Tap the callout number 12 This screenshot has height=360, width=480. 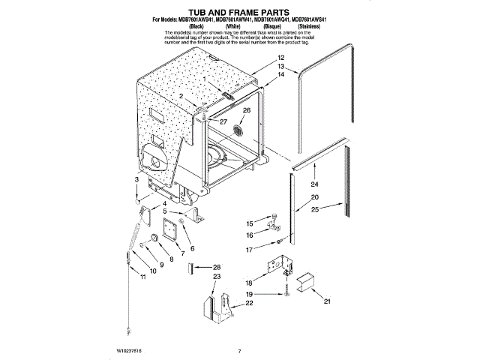point(281,58)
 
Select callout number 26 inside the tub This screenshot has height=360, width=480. point(247,109)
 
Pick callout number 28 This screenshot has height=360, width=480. point(217,267)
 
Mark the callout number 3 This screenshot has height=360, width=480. point(136,180)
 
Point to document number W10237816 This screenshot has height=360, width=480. point(131,350)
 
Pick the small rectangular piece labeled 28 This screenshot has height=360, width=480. point(193,268)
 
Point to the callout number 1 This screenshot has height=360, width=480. point(202,88)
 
